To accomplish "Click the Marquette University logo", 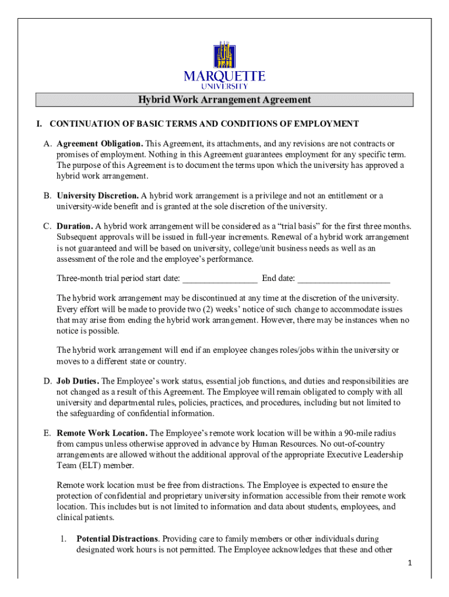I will coord(224,65).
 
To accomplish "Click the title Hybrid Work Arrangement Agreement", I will coord(224,100).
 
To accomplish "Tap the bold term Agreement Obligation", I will coord(100,143).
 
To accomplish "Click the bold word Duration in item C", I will coord(75,226).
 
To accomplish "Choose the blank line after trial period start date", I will coord(220,278).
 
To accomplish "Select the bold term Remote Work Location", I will coord(102,433).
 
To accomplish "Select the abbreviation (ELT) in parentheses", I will coord(90,465).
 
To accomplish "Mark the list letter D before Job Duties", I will coord(46,381).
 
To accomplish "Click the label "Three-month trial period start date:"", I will coord(118,278).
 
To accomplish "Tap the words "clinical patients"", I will coord(85,517).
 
